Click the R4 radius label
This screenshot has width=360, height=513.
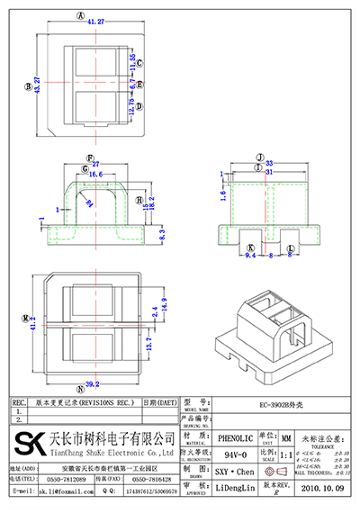pyautogui.click(x=89, y=203)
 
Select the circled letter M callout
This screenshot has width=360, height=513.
pyautogui.click(x=27, y=317)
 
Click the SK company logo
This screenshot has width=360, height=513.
pyautogui.click(x=26, y=445)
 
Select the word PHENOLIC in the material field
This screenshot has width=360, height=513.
pyautogui.click(x=233, y=434)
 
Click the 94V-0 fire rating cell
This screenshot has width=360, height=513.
pyautogui.click(x=233, y=456)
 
